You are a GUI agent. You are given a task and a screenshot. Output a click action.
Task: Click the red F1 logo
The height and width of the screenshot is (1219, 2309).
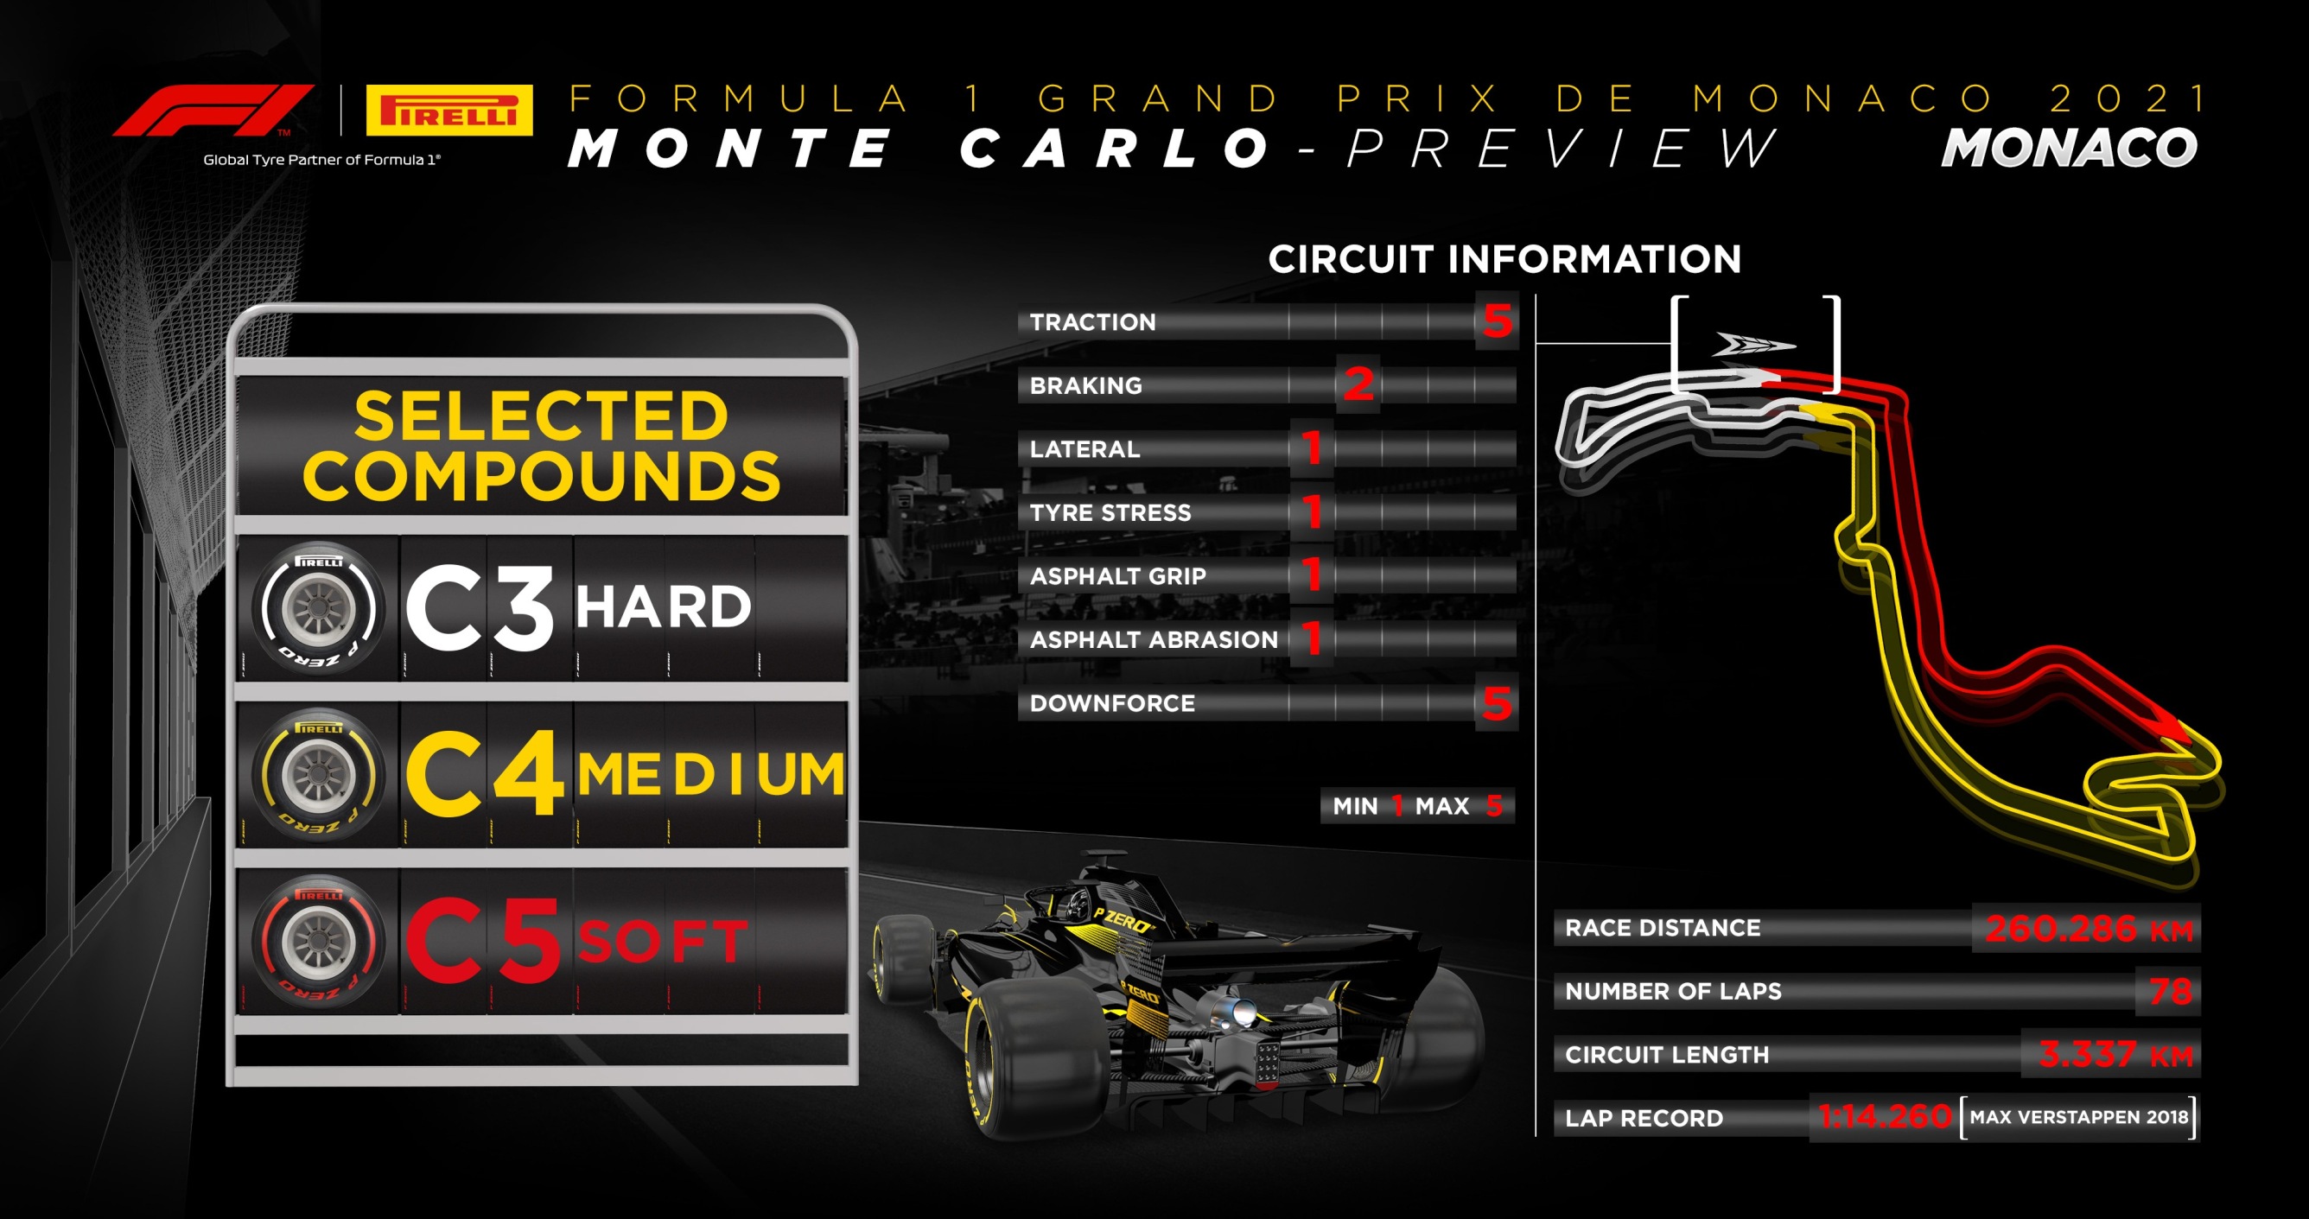tap(213, 111)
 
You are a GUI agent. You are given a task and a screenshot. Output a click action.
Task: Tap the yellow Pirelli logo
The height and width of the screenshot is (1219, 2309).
tap(449, 111)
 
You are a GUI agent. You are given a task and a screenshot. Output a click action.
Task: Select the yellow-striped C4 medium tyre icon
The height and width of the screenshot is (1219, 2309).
tap(317, 775)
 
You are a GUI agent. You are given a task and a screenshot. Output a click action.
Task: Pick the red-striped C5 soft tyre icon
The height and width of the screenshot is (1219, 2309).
tap(317, 941)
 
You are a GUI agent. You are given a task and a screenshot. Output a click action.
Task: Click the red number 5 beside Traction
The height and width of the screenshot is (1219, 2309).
tap(1497, 321)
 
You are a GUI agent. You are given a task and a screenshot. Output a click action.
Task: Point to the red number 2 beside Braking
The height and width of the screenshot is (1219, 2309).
tap(1358, 384)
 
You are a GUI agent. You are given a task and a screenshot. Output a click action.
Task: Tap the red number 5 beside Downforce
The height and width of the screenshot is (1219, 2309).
tap(1497, 702)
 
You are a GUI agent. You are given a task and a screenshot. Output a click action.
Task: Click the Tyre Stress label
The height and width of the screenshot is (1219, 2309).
tap(1110, 512)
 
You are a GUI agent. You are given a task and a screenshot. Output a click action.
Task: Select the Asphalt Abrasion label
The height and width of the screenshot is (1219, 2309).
tap(1154, 640)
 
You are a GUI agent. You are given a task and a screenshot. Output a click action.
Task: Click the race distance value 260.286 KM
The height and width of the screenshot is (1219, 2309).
tap(2089, 929)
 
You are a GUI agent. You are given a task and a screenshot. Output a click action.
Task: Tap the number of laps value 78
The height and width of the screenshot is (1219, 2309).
tap(2170, 991)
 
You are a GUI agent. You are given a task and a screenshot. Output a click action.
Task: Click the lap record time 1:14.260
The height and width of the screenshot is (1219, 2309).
tap(1885, 1117)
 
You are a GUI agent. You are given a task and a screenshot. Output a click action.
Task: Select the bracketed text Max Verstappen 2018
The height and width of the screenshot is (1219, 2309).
tap(2078, 1117)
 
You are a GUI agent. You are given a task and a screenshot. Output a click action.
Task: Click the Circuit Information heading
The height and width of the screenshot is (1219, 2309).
tap(1504, 259)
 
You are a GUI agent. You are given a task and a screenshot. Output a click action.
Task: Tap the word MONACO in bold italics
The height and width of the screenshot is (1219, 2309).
tap(2069, 148)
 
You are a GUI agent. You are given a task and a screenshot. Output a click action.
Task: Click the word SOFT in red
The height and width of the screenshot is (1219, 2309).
tap(663, 941)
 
